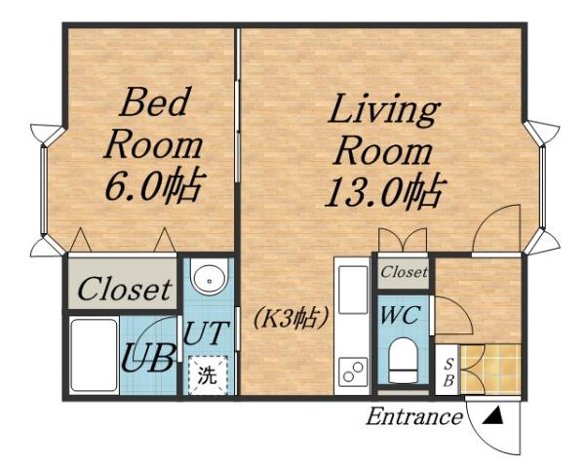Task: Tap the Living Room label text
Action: [382, 132]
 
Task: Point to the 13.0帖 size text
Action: [383, 189]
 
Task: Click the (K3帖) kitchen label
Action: [292, 318]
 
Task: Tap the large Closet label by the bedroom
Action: [124, 290]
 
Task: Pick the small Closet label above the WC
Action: [404, 273]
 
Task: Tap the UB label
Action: [148, 359]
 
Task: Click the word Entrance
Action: [413, 418]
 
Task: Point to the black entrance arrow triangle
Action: [493, 417]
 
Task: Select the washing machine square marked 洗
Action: [208, 373]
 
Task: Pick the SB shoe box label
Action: [448, 371]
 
